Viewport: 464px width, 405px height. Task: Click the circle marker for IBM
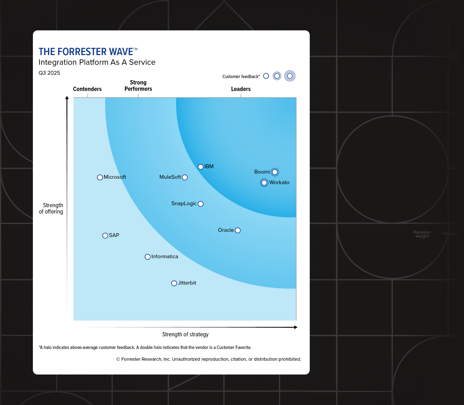[200, 167]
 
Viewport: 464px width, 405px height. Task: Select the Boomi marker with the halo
[275, 172]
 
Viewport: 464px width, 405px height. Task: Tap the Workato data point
[264, 183]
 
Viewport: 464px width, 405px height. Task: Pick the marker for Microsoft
[100, 177]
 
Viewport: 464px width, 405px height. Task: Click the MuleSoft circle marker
[185, 178]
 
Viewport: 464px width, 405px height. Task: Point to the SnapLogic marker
[200, 204]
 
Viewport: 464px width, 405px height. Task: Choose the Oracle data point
[238, 230]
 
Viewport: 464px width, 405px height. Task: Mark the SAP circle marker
[105, 236]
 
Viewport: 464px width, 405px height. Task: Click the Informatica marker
[148, 257]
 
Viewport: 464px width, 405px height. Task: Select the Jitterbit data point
[174, 283]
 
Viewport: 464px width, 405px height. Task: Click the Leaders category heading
[241, 89]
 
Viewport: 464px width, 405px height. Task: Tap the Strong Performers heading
[138, 86]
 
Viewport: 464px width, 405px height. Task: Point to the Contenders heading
[87, 89]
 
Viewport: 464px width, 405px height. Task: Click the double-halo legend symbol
[290, 76]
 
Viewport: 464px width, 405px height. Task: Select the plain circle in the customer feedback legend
[266, 76]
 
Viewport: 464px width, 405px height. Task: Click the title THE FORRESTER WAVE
[86, 52]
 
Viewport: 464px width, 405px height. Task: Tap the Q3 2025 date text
[49, 73]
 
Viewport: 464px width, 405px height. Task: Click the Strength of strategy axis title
[185, 334]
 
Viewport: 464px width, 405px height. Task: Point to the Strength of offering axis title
[51, 209]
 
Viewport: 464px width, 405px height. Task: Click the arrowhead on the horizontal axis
[296, 327]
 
